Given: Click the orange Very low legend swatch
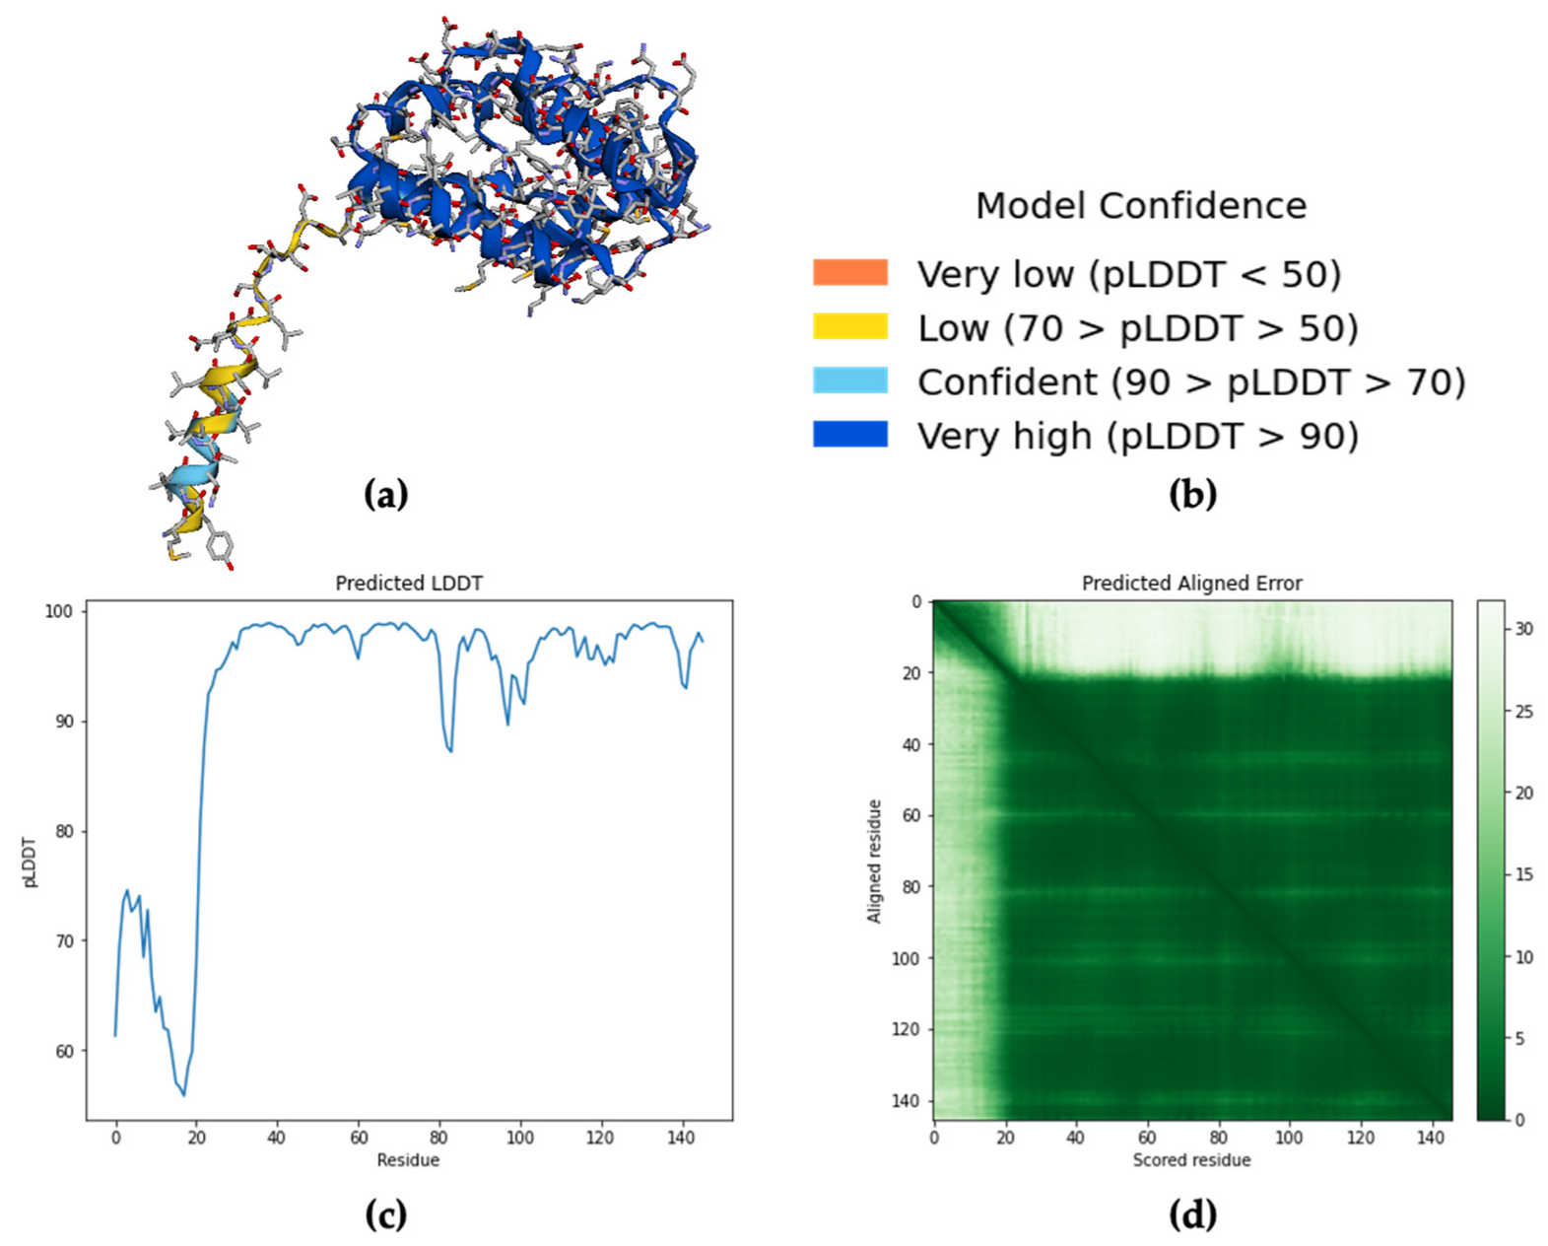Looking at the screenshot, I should pos(849,273).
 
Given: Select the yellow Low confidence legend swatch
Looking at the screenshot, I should pos(849,326).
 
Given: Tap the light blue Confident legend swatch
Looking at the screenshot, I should pos(849,381).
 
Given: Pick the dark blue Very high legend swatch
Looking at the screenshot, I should pos(849,435).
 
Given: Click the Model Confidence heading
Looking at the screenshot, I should pos(1140,206).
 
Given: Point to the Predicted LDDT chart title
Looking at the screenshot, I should pos(408,583).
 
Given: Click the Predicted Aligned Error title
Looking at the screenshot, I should pos(1191,583).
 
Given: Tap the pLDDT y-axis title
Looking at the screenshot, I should pos(30,863).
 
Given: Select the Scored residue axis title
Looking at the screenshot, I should pos(1191,1160).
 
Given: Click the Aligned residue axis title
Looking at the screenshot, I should pos(873,861).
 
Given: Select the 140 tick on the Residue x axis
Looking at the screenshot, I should pos(681,1138).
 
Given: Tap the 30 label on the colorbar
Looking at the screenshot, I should pos(1523,629).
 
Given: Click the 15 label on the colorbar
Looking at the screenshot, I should pos(1523,874).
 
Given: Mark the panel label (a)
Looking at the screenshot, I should pos(385,494).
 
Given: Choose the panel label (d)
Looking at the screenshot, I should pos(1192,1213).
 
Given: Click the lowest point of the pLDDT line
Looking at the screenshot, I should pos(183,1095).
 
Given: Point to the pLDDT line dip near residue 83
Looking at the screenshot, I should pos(450,751).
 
